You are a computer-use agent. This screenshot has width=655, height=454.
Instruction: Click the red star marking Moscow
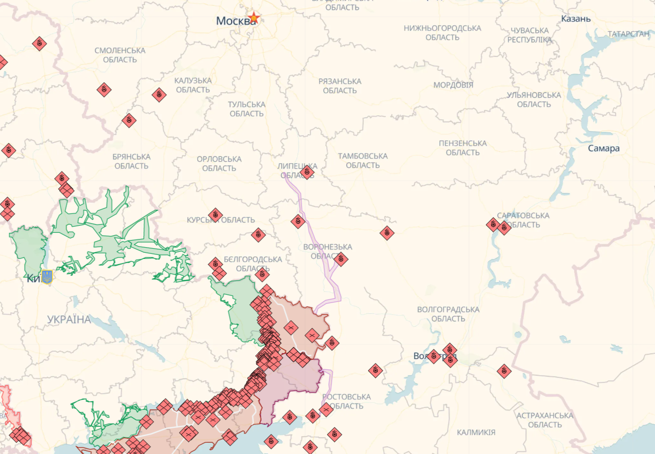tap(254, 18)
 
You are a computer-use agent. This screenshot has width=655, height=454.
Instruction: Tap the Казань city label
tap(576, 19)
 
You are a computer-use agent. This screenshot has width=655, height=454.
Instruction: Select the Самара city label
tap(603, 148)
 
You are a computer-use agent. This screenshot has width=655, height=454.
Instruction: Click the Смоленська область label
tap(120, 55)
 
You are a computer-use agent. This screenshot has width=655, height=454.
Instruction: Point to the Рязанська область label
tap(340, 85)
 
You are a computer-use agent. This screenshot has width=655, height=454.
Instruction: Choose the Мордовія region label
tap(453, 85)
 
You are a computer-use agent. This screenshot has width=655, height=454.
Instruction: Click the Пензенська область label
tap(462, 147)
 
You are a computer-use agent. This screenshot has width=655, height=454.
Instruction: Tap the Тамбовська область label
tap(363, 160)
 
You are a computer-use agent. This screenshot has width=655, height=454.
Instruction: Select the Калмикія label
tap(476, 432)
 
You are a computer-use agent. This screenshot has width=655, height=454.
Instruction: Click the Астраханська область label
tap(544, 420)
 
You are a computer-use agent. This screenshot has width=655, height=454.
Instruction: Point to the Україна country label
tap(69, 319)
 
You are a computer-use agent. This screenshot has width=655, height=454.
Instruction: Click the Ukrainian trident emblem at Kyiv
tap(47, 277)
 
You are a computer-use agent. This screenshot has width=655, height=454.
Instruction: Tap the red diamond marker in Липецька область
tap(307, 172)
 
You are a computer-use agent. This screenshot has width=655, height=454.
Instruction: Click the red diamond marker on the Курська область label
tap(216, 215)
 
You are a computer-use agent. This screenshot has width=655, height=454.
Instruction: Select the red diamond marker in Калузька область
tap(159, 95)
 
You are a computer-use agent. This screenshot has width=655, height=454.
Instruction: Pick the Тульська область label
tap(246, 109)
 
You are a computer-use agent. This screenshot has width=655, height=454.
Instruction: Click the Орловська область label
tap(219, 163)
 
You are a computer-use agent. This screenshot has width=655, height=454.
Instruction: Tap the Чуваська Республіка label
tap(530, 35)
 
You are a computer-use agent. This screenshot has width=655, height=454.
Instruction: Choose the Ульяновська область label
tap(534, 99)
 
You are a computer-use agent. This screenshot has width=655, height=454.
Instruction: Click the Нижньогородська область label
tap(442, 32)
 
